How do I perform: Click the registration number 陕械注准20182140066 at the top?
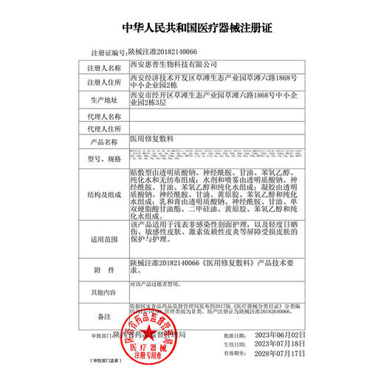162,53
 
